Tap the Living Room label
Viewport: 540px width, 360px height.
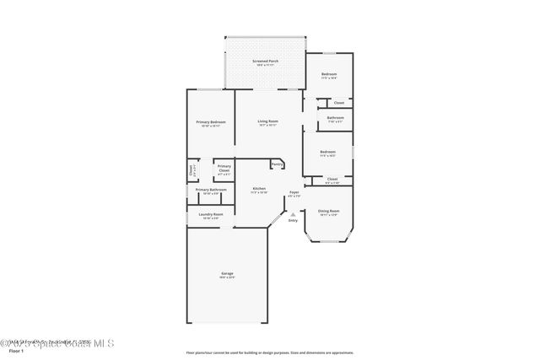pyautogui.click(x=267, y=121)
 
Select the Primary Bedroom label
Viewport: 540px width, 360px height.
pyautogui.click(x=211, y=122)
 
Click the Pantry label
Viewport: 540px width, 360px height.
pyautogui.click(x=276, y=164)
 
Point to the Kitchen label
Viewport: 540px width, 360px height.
pyautogui.click(x=259, y=189)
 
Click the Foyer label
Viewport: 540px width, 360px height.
pyautogui.click(x=294, y=192)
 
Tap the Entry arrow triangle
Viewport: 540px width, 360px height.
pyautogui.click(x=293, y=214)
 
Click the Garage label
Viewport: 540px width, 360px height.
pyautogui.click(x=227, y=274)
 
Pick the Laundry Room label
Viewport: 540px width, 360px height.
pyautogui.click(x=211, y=215)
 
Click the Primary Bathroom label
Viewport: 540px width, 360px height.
pyautogui.click(x=211, y=190)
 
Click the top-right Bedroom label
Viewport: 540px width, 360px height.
pyautogui.click(x=329, y=75)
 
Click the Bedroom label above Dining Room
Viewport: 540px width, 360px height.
pyautogui.click(x=327, y=152)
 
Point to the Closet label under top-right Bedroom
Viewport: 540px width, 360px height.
pyautogui.click(x=338, y=103)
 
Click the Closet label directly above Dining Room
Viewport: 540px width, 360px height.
pyautogui.click(x=332, y=179)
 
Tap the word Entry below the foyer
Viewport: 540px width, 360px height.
pyautogui.click(x=293, y=221)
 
